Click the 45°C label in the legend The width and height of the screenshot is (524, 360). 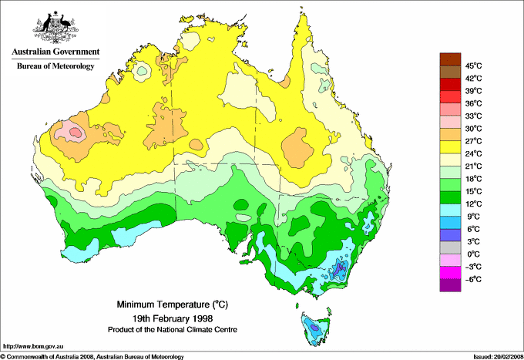[x=474, y=66]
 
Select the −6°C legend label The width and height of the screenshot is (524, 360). [x=473, y=279]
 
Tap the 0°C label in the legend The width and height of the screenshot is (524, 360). [x=474, y=254]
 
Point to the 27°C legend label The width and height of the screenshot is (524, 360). [x=474, y=141]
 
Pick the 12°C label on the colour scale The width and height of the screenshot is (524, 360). [x=474, y=204]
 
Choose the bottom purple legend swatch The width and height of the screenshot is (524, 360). [x=449, y=285]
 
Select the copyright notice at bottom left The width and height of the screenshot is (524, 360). [x=92, y=356]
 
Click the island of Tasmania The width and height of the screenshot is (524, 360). [x=314, y=328]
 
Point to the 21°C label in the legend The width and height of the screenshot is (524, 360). [x=474, y=166]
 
